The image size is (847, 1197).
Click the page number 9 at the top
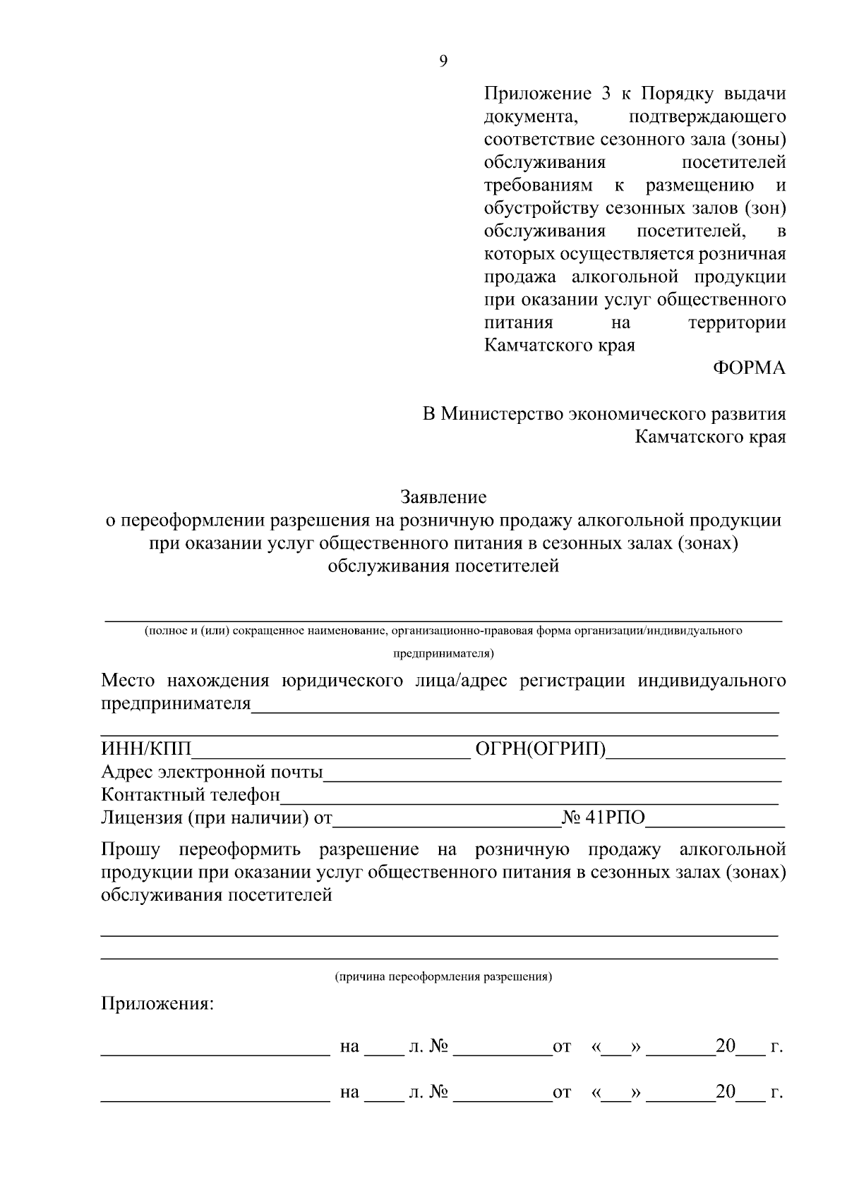[443, 61]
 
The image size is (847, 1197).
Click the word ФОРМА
[749, 368]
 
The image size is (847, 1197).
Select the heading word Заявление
[443, 497]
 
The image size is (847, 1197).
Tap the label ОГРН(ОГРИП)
[541, 749]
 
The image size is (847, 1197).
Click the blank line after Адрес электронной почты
[552, 774]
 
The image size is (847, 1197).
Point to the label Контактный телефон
[191, 795]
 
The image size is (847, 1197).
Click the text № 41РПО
[603, 818]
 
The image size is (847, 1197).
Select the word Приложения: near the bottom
[157, 1003]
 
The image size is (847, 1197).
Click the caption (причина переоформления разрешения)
[443, 977]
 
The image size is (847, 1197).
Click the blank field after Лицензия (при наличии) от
[446, 820]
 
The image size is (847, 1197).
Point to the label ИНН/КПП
[146, 749]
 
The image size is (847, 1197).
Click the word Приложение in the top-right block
[537, 94]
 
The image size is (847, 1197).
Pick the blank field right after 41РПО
[715, 820]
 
